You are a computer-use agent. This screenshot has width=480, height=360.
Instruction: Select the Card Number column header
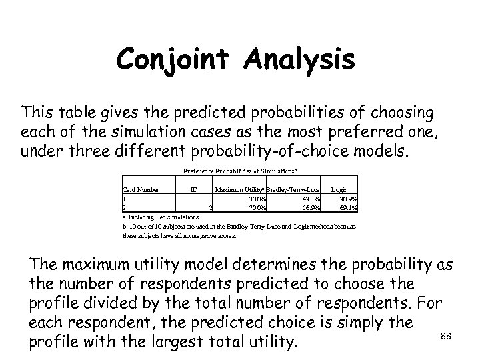(141, 189)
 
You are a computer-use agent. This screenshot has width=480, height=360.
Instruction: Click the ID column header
(193, 189)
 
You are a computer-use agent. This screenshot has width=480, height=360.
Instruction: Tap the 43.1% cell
(311, 199)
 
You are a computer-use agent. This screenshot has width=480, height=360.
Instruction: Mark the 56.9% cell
(311, 207)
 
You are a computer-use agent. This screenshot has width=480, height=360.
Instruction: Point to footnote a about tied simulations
(161, 217)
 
